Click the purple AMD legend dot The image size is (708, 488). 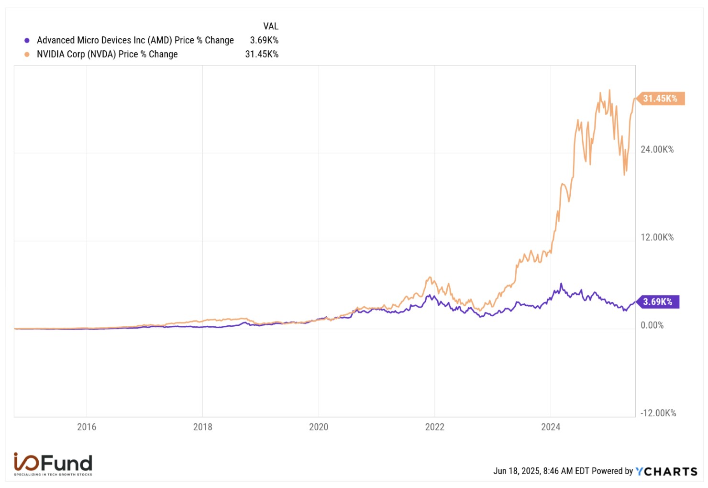[x=27, y=41]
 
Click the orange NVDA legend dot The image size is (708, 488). [x=27, y=55]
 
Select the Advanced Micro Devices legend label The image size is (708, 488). [x=135, y=41]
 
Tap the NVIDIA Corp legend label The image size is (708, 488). [x=107, y=55]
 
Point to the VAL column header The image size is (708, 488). [x=271, y=26]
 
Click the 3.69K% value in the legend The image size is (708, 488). [x=264, y=41]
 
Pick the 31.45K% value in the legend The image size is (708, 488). [x=262, y=55]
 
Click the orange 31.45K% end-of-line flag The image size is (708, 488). [x=660, y=99]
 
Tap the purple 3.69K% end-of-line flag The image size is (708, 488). [x=658, y=302]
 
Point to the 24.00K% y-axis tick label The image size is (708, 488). [x=657, y=150]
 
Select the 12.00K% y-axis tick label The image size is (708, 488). [x=657, y=237]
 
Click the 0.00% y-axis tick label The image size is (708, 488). [x=652, y=325]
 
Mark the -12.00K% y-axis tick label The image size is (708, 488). [x=658, y=413]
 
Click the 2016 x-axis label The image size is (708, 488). [x=87, y=427]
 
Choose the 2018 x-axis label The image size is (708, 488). [x=203, y=427]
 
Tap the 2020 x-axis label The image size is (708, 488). [x=319, y=427]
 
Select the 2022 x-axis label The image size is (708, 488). [x=435, y=427]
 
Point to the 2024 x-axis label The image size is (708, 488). [x=551, y=427]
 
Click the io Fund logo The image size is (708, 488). [x=53, y=464]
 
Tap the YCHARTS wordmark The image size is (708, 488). [x=666, y=472]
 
